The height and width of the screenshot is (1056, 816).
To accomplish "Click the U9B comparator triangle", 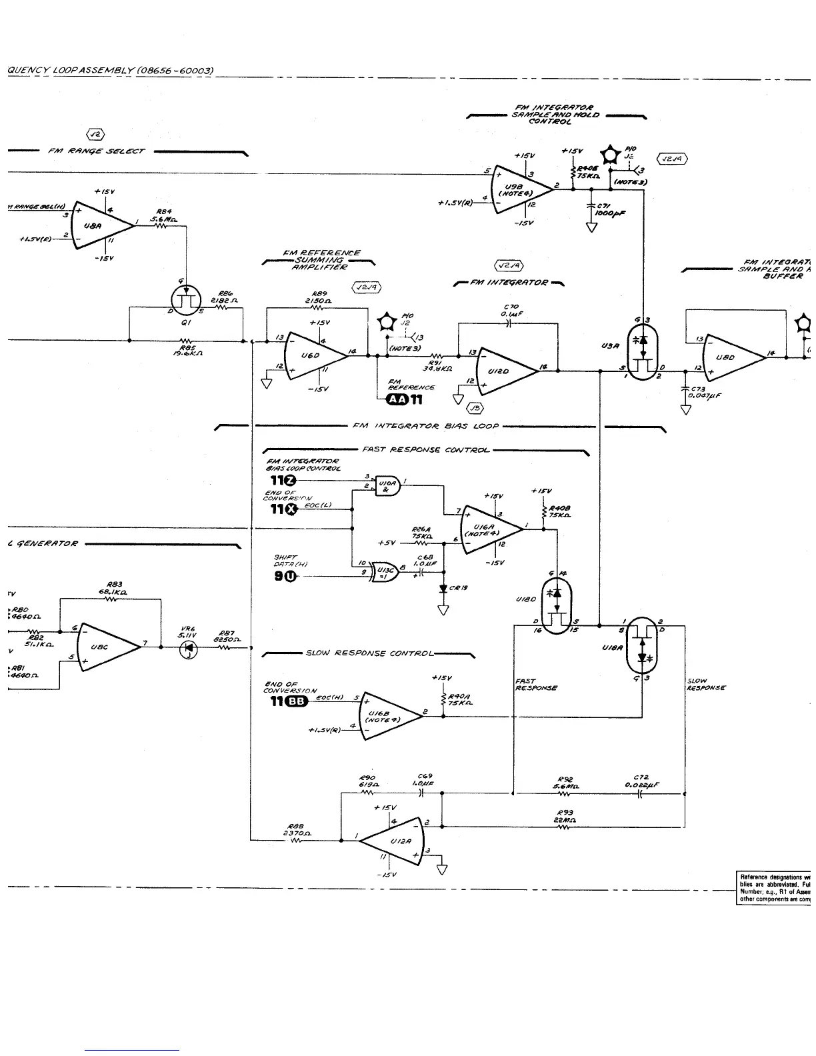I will coord(521,189).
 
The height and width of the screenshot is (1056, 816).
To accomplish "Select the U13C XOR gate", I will coord(385,573).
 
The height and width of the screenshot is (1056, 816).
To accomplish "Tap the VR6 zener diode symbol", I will coord(189,649).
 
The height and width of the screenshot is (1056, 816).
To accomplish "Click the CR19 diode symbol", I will coord(443,589).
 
